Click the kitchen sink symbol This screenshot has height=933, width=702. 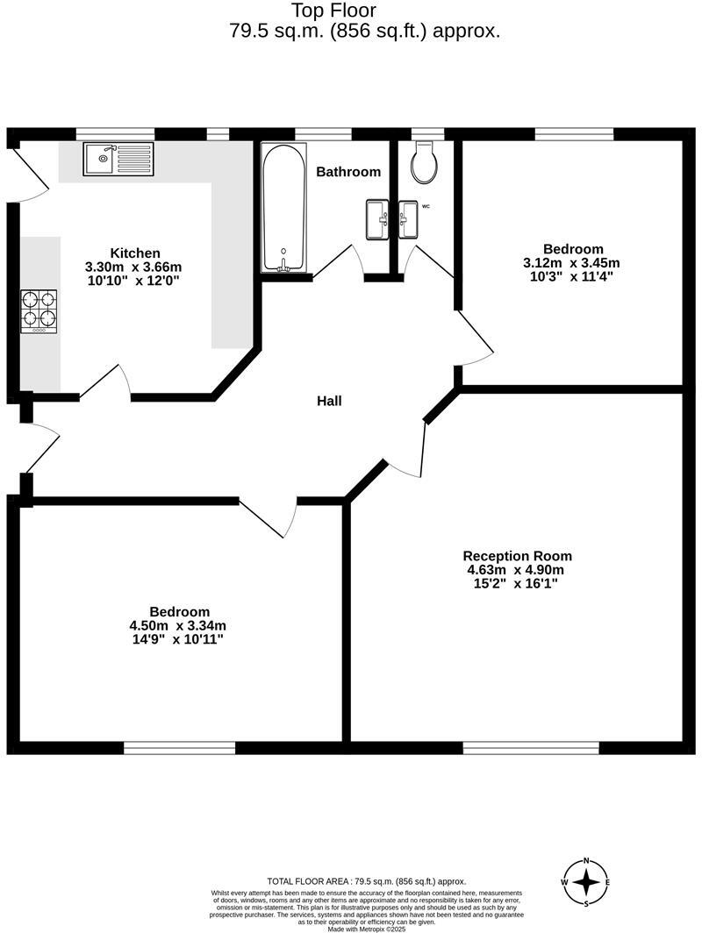click(x=118, y=159)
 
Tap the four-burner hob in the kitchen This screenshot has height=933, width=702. click(x=39, y=311)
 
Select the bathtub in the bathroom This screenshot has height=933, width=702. click(x=283, y=207)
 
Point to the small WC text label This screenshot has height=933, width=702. click(x=426, y=207)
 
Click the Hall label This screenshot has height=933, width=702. click(x=329, y=402)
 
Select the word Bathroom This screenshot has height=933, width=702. click(x=348, y=172)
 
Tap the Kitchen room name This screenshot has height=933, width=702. click(x=135, y=253)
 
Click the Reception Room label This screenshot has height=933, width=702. click(x=517, y=556)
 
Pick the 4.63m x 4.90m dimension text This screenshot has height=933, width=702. click(x=517, y=570)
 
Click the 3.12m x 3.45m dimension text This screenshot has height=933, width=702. click(x=571, y=263)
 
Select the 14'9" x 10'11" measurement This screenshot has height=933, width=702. click(x=178, y=639)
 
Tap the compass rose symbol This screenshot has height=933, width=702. click(x=587, y=882)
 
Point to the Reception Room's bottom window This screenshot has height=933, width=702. click(x=531, y=747)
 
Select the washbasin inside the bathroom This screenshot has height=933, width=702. click(x=376, y=218)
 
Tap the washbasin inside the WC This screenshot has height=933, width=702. click(x=409, y=218)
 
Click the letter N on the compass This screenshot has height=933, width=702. click(x=587, y=861)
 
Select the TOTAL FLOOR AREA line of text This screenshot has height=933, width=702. click(x=366, y=881)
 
